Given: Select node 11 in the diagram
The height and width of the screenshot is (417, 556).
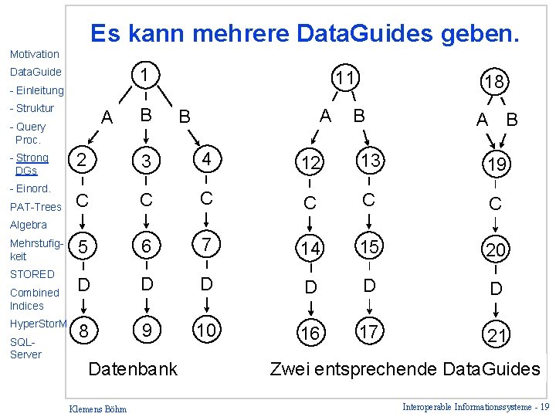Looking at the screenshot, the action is click(x=344, y=78).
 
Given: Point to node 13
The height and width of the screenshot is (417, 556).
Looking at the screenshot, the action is click(x=369, y=161).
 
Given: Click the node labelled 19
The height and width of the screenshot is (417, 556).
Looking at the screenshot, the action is click(x=495, y=164).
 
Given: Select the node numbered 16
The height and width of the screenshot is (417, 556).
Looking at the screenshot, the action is click(x=310, y=333).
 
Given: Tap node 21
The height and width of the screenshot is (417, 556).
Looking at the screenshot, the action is click(x=496, y=336).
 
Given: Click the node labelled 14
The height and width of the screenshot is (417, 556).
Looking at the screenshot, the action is click(x=310, y=248).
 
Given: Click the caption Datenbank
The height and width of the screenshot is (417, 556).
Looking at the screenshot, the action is click(x=133, y=369).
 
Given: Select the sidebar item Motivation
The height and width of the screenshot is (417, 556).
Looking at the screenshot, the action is click(x=34, y=54).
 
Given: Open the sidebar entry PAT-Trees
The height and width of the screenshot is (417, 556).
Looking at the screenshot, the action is click(x=36, y=207).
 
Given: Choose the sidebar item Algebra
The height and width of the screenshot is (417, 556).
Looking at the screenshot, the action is click(x=29, y=225).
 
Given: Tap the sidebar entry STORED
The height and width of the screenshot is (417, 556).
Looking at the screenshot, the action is click(x=32, y=274).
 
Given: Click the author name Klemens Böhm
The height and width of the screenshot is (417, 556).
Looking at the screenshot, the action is click(x=98, y=408).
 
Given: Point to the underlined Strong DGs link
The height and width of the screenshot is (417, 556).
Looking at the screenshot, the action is click(x=31, y=164).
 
